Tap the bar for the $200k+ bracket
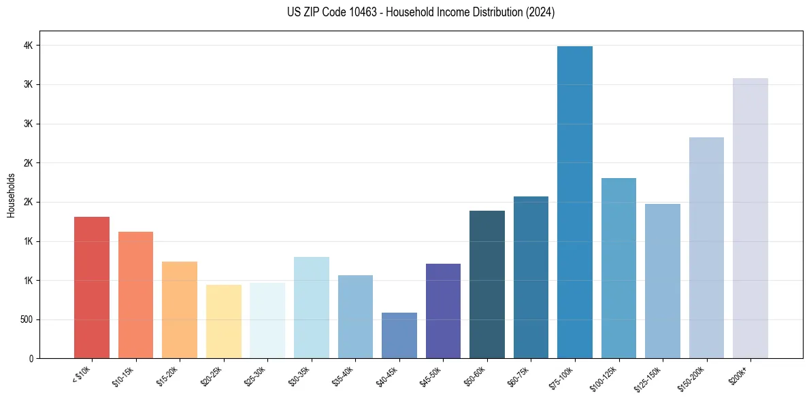[x=750, y=218]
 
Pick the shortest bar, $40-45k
[x=399, y=336]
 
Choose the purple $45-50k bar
[x=443, y=311]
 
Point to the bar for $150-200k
[x=706, y=247]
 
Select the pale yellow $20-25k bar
[x=224, y=321]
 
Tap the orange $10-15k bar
[x=135, y=295]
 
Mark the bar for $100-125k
[x=618, y=268]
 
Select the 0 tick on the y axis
[x=30, y=358]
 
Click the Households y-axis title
[x=11, y=195]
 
